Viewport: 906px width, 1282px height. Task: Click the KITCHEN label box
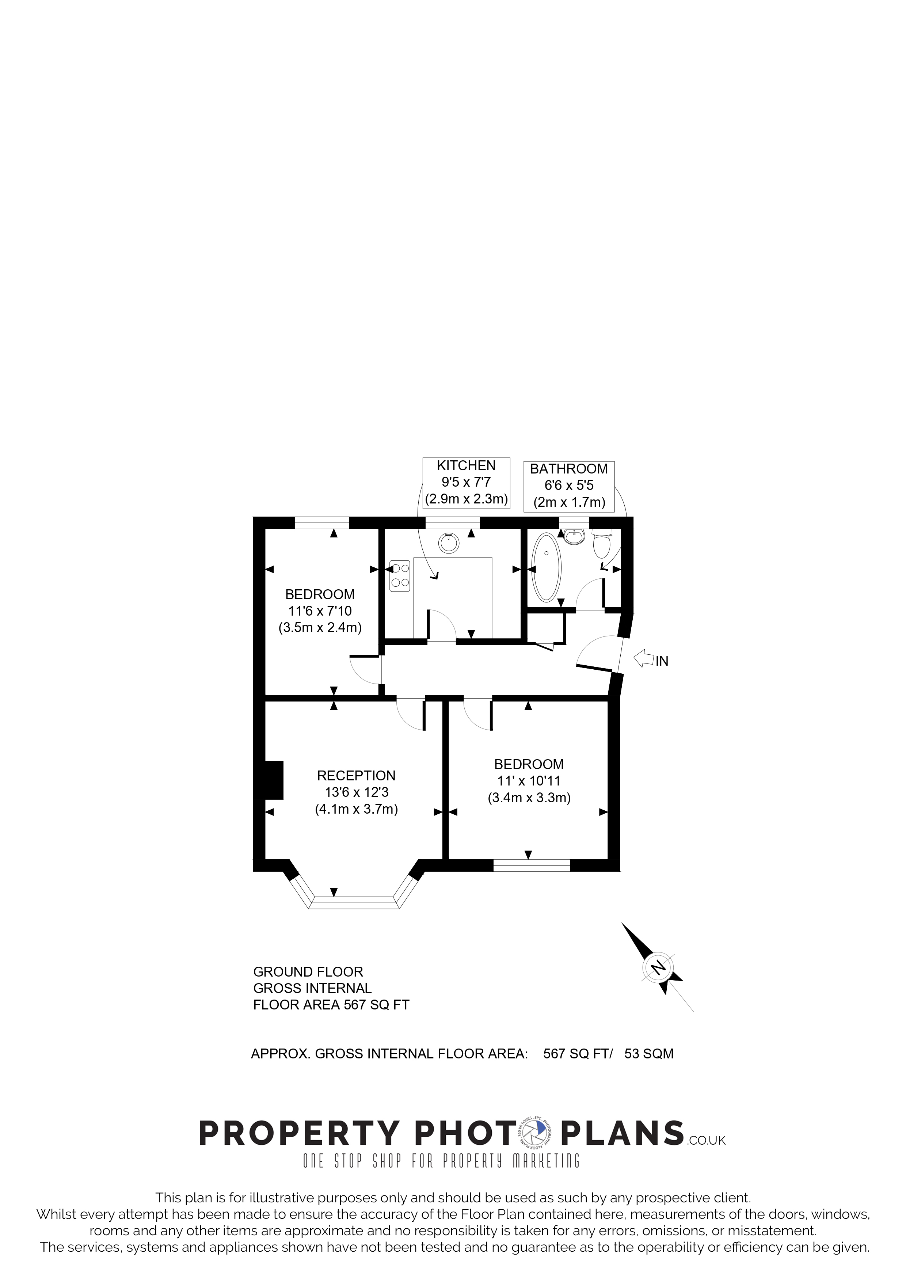466,482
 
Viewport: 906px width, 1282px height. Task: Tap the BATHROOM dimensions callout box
569,486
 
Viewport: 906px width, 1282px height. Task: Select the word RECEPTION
356,776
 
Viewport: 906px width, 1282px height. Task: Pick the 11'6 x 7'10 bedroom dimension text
320,611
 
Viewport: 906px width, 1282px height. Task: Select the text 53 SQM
649,1054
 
